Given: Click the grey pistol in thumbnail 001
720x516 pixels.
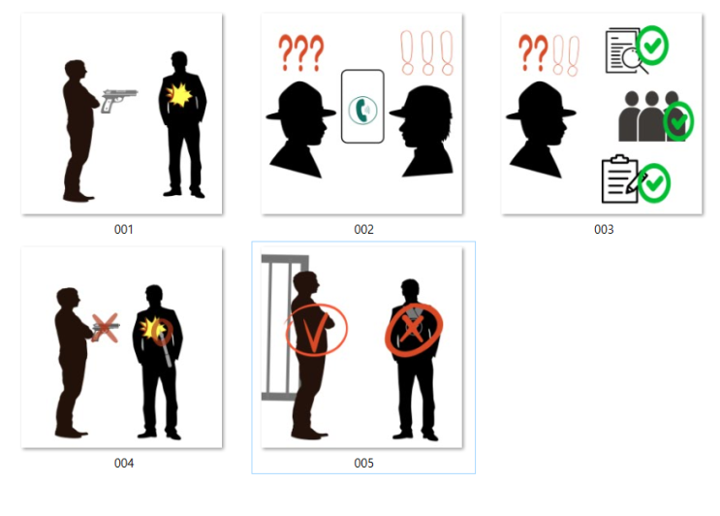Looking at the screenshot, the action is (x=118, y=99).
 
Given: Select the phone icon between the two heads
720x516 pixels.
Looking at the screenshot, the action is (x=362, y=107).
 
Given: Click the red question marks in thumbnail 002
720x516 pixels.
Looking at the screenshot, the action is (x=301, y=52).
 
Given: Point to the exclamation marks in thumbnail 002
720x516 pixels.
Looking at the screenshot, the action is (x=427, y=52).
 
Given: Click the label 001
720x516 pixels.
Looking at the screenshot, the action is (x=123, y=229).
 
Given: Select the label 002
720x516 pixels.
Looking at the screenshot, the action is (x=363, y=229).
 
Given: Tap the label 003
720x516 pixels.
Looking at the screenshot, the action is (x=604, y=229).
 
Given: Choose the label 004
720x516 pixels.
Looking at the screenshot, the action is (x=123, y=464).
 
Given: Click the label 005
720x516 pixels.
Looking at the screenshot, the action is (x=363, y=464).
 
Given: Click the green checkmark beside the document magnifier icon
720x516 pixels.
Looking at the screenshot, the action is (x=652, y=46).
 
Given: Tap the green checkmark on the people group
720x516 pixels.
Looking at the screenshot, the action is (x=678, y=121).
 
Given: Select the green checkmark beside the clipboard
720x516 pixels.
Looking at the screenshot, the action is (x=654, y=183).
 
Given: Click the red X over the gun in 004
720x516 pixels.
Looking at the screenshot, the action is (x=106, y=328).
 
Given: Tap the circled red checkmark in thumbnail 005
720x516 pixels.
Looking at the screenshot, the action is (x=316, y=330).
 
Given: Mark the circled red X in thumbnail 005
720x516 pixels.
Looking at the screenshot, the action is (x=413, y=329).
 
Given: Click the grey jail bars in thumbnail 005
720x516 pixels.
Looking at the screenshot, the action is (x=281, y=327).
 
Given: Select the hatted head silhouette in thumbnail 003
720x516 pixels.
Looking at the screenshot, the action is (x=541, y=130).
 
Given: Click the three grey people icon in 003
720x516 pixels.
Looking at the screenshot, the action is (x=652, y=115).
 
